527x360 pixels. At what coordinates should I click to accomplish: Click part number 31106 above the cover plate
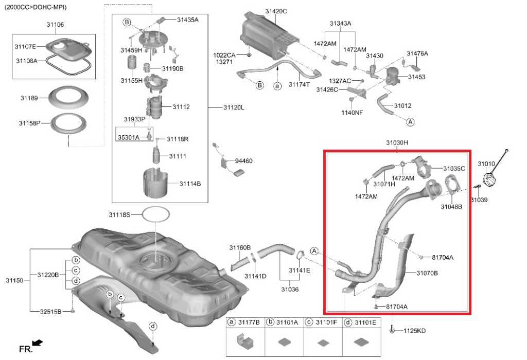point(55,25)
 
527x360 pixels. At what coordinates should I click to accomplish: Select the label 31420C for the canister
point(276,11)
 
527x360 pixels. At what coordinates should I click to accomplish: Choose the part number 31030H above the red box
point(397,143)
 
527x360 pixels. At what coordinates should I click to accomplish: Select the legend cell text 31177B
point(249,322)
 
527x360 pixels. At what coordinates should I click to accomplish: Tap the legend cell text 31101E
point(366,322)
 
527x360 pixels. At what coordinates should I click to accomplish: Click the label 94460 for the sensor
point(243,161)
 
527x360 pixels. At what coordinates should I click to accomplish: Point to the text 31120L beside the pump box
point(234,107)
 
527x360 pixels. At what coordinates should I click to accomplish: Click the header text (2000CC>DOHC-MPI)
point(36,7)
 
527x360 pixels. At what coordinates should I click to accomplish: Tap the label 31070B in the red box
point(427,273)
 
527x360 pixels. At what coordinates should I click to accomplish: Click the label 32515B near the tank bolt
point(51,311)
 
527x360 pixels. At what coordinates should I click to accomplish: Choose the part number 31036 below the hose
point(290,289)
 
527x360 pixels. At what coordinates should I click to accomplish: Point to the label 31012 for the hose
point(402,106)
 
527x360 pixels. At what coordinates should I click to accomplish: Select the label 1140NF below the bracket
point(352,113)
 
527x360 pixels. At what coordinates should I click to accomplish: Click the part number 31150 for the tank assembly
point(14,280)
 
